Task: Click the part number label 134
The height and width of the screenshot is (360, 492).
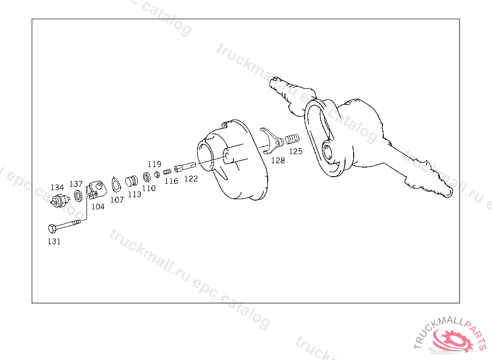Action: [x=57, y=187]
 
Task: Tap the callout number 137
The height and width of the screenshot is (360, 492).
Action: [x=76, y=184]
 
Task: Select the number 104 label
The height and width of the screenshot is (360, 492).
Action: [x=98, y=206]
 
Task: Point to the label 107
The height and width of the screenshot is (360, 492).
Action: [x=117, y=200]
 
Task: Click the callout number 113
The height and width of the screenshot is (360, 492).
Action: [x=135, y=194]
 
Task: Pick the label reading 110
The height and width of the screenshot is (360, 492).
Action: [x=149, y=188]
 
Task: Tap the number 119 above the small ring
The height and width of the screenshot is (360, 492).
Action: [x=154, y=164]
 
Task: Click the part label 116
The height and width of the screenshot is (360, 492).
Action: [x=171, y=181]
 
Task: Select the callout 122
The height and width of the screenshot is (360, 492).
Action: [x=191, y=179]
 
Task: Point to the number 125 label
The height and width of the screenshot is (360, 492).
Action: [x=295, y=151]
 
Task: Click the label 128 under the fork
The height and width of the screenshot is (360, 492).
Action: [x=278, y=160]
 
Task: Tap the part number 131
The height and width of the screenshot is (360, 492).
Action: [x=54, y=241]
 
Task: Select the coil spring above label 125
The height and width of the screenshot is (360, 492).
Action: [x=292, y=140]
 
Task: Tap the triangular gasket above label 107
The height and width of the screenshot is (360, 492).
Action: [x=116, y=185]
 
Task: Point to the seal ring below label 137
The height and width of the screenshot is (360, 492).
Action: [x=77, y=196]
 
